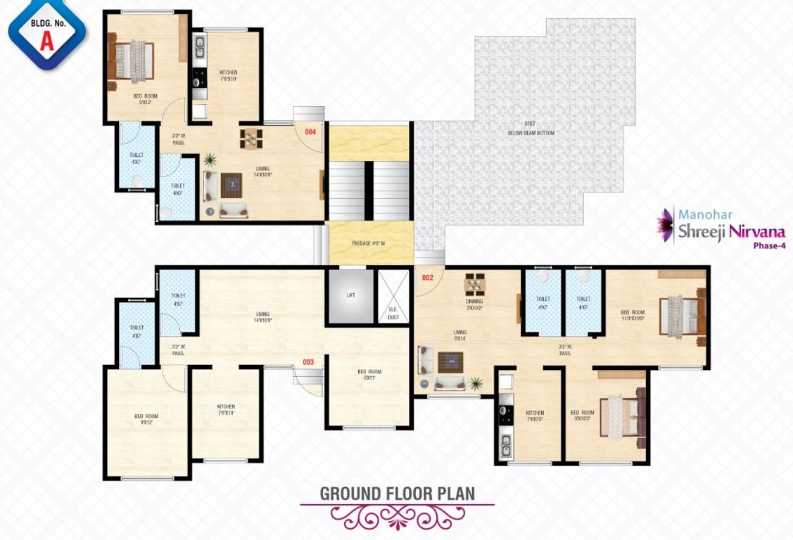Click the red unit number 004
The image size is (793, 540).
[310, 131]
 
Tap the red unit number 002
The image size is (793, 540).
[427, 278]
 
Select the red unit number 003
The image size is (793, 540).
[307, 362]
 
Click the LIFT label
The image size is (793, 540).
[351, 295]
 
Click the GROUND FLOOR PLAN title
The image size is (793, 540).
[397, 494]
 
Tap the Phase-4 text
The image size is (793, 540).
[769, 246]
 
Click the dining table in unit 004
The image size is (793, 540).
[249, 139]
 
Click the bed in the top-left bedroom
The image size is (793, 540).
[133, 60]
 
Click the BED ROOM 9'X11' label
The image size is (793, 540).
[369, 375]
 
